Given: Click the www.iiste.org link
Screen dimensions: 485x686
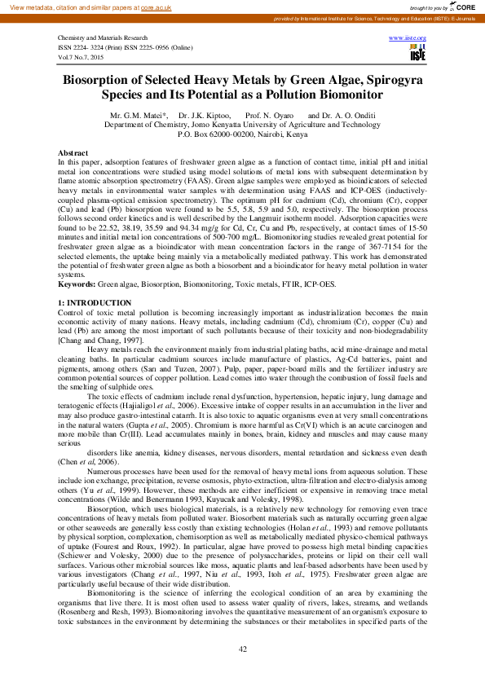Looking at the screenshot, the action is click(x=409, y=37).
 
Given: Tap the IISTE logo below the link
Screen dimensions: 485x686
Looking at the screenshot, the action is click(x=417, y=53).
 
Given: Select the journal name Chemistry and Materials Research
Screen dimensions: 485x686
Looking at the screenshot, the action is click(x=102, y=38).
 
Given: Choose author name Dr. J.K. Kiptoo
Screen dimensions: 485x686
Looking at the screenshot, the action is click(x=205, y=117).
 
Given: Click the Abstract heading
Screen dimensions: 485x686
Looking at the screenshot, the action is click(x=73, y=153).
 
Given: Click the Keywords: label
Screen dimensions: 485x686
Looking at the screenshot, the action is click(x=77, y=284).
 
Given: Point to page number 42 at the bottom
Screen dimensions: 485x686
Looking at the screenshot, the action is click(x=242, y=649).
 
